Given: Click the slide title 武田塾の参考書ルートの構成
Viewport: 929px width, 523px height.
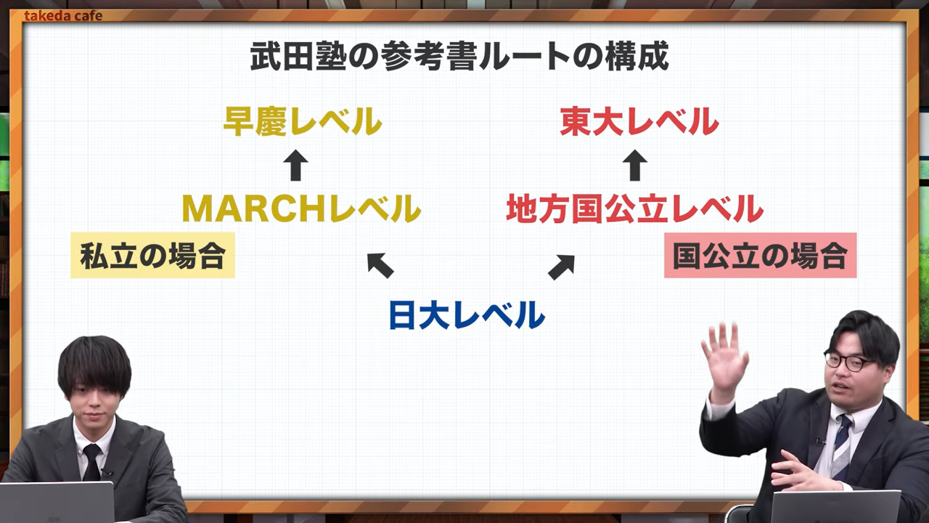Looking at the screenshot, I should pos(459,57).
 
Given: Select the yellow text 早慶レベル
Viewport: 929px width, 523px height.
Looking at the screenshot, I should pos(302,122).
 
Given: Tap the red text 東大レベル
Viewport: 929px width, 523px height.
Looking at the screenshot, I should pos(639,122).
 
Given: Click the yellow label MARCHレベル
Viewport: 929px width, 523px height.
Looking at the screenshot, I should pos(301,209).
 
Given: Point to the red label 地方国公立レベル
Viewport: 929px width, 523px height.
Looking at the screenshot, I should pos(634,209).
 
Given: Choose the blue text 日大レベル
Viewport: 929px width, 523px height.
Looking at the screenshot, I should pos(466,315).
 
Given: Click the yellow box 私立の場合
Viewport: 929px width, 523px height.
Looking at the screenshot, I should pos(152,256).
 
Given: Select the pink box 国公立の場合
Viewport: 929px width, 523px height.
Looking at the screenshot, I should pos(760,256).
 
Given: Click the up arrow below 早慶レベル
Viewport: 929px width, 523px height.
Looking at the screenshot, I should pos(295,166).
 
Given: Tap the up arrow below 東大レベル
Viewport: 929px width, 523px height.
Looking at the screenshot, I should pos(635,166).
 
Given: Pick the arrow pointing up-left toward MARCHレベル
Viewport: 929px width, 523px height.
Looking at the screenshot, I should pos(380,265).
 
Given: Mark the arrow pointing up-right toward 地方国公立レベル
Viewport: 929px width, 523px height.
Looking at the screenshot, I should pos(561,267).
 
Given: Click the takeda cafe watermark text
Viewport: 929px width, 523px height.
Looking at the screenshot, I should pos(63,15).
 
